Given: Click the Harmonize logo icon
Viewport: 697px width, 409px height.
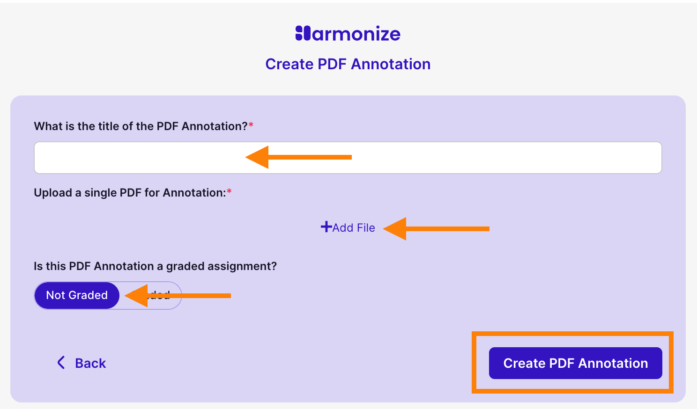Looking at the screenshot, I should [x=303, y=33].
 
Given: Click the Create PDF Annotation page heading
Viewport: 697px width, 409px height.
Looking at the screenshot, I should [x=348, y=64].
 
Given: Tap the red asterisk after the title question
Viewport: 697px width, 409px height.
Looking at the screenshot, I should [x=251, y=125].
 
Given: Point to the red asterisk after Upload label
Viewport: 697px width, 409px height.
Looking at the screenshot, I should [x=229, y=192].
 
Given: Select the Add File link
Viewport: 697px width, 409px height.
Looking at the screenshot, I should [x=348, y=228].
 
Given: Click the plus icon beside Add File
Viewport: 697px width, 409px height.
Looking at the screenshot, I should [x=326, y=227].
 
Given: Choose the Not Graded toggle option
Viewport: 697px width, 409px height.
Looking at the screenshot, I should [x=77, y=295].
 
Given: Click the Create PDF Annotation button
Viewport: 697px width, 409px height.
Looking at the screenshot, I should [x=575, y=363].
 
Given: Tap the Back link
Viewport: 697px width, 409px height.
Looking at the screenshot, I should [x=90, y=363].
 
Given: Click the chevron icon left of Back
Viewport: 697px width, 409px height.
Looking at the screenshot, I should [x=61, y=363].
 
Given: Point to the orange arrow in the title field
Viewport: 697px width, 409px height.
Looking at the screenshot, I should [x=298, y=157].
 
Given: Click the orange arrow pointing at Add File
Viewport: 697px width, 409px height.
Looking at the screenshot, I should [x=436, y=229].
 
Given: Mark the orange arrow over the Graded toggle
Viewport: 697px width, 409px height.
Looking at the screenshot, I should [x=178, y=295].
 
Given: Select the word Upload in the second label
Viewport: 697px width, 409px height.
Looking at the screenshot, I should [x=53, y=193].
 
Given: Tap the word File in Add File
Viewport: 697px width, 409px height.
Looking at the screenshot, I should [x=365, y=228].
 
